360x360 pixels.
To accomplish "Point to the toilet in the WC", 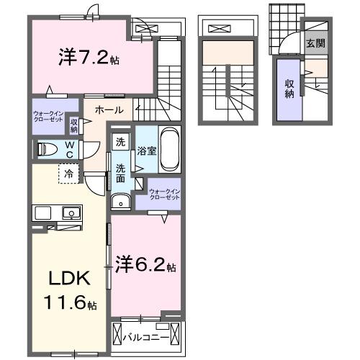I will (x=48, y=150).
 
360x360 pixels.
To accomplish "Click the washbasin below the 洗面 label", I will (x=122, y=201).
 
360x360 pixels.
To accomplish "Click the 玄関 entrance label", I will (x=315, y=43).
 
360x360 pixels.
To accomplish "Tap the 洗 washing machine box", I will (x=121, y=143).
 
